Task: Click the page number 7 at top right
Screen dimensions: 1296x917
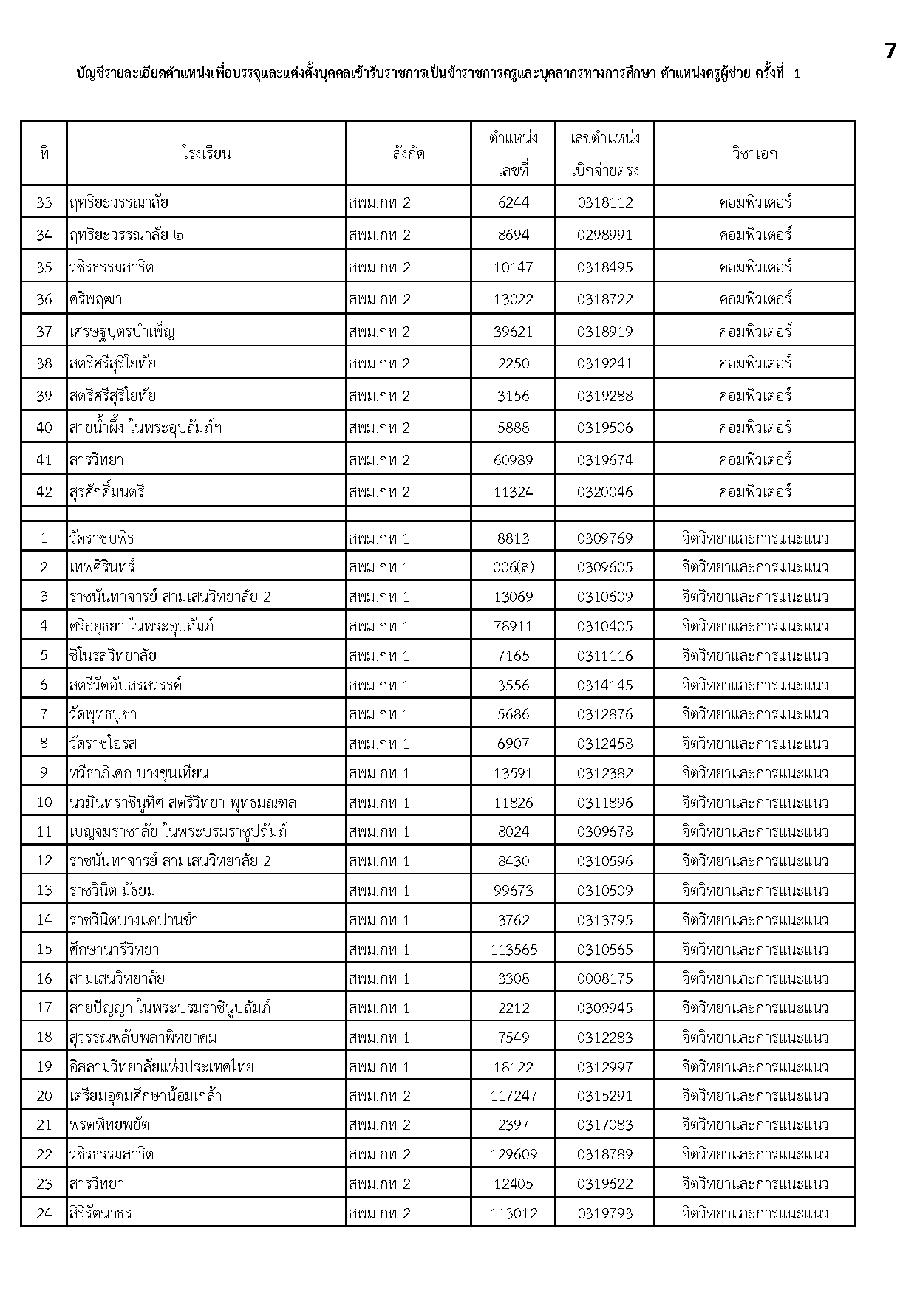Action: pos(890,52)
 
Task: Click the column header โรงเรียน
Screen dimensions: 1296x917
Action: pos(206,154)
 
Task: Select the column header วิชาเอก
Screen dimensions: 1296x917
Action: pos(754,154)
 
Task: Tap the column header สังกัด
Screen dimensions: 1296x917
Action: pos(409,154)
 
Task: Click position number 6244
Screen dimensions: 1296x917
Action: pos(513,202)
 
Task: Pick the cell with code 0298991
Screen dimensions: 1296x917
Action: pos(604,235)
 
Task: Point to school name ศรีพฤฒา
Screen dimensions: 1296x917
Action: pos(96,299)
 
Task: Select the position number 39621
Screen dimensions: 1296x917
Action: pos(513,332)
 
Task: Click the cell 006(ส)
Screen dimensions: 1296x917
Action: pos(513,567)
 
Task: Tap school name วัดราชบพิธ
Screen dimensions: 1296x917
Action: pos(102,538)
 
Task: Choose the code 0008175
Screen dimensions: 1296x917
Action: pos(604,978)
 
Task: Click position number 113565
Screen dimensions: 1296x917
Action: pos(513,950)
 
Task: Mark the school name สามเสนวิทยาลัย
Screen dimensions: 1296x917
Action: pos(117,978)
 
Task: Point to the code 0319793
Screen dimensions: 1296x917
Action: pos(604,1213)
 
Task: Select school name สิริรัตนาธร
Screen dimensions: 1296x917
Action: pos(100,1213)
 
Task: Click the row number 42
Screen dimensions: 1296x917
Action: pos(44,492)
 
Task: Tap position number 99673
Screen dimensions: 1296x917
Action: pos(513,891)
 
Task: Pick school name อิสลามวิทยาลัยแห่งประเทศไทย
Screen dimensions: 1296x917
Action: pos(162,1067)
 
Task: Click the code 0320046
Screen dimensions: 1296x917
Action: pos(604,492)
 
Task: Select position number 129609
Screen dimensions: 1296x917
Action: pos(513,1154)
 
